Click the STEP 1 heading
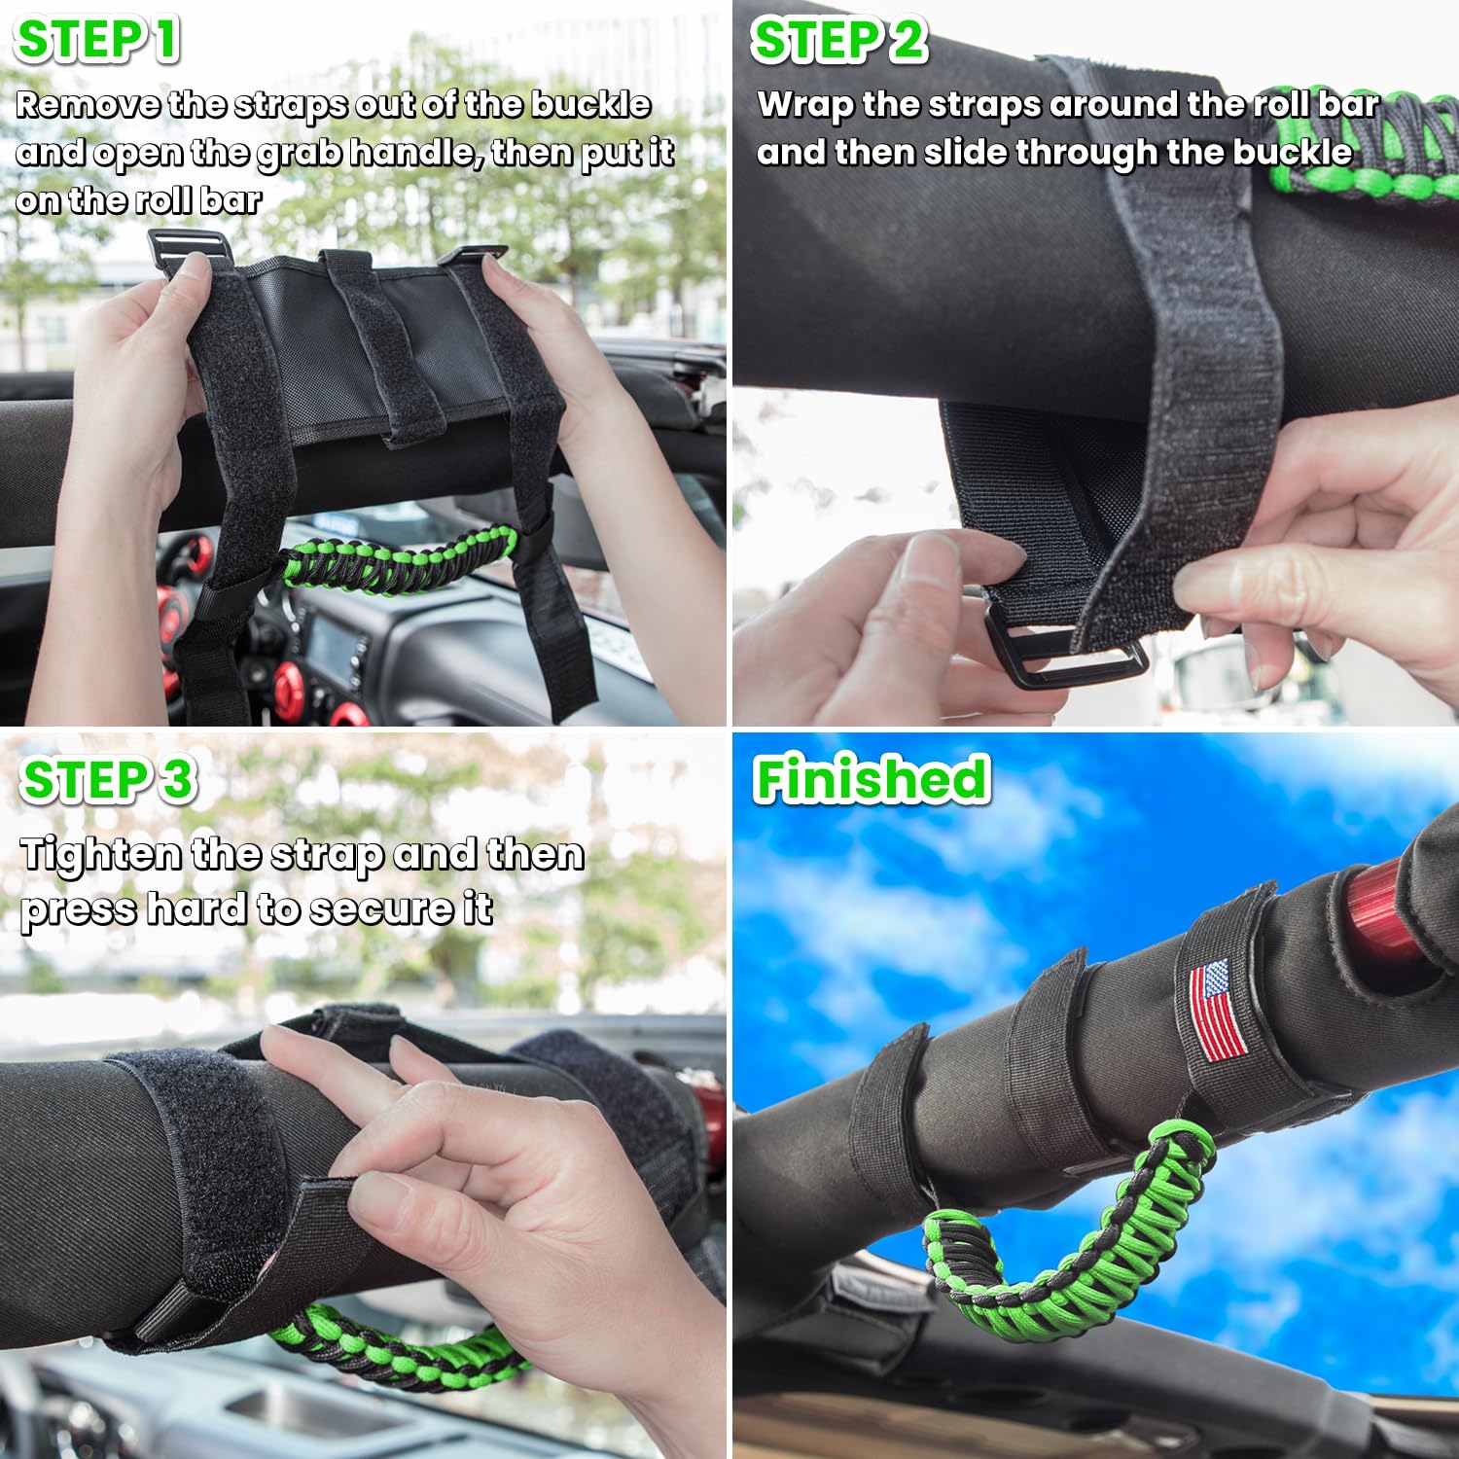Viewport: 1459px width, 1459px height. pos(97,41)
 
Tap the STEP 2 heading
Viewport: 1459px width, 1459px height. pos(838,41)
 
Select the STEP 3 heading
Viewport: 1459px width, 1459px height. pos(107,780)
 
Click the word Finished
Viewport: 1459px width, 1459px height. pos(872,780)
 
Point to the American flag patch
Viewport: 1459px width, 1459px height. pos(1217,1010)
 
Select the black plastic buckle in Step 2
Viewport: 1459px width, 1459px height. pos(1065,654)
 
